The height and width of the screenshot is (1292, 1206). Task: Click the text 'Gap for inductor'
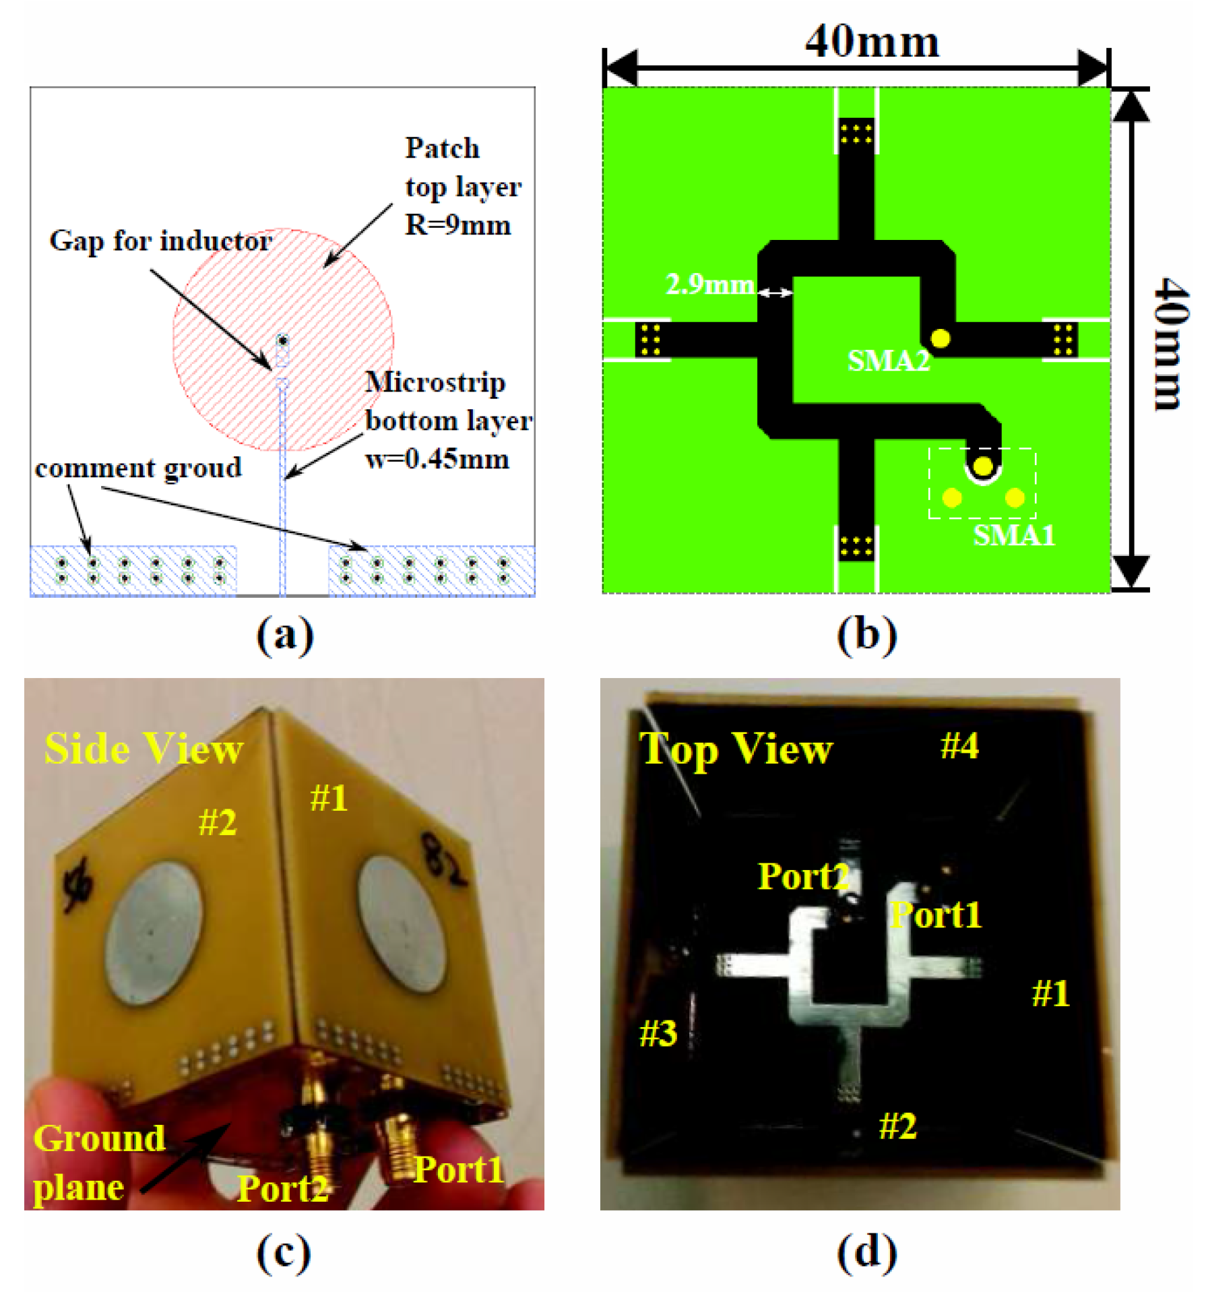point(160,241)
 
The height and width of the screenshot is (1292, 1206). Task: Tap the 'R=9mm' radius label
point(457,225)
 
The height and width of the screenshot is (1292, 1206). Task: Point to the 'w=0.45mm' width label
point(437,460)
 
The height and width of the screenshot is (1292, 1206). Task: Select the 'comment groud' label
point(138,468)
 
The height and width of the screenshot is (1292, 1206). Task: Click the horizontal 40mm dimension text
point(872,42)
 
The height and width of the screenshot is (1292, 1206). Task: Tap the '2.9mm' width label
point(709,284)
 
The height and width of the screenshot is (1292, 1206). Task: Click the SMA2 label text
point(889,361)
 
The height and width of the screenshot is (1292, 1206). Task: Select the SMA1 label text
point(1014,536)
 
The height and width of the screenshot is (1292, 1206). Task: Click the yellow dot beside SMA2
point(940,338)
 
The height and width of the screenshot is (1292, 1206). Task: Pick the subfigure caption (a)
point(284,635)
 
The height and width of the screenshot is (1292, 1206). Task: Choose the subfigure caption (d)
point(866,1252)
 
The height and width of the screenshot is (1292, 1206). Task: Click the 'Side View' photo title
point(144,749)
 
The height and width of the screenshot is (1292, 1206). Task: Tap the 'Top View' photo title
point(735,749)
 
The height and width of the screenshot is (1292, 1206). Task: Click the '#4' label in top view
point(959,746)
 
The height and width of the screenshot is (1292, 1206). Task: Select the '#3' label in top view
point(658,1033)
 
